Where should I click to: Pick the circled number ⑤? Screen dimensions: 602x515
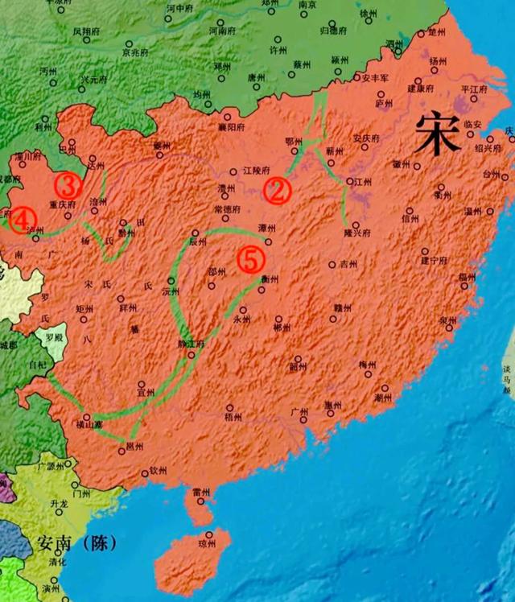click(x=251, y=258)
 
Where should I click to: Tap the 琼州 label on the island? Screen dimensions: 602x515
click(x=207, y=544)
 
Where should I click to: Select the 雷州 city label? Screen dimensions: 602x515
click(x=201, y=493)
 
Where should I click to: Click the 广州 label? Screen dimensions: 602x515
click(x=299, y=412)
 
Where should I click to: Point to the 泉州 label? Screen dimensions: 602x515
click(x=447, y=320)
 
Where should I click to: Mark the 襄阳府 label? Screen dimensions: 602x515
click(x=231, y=127)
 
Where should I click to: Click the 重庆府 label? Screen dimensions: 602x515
click(x=62, y=204)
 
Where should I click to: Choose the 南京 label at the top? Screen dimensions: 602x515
click(x=307, y=5)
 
